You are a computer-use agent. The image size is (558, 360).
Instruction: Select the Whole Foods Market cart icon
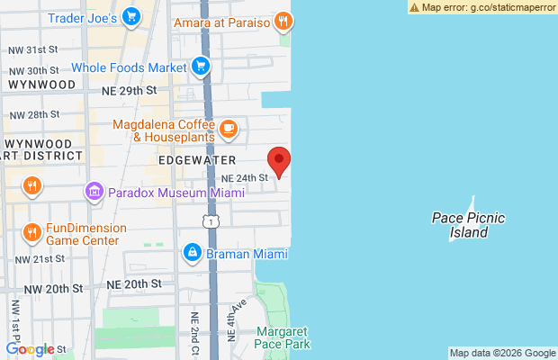coord(200,66)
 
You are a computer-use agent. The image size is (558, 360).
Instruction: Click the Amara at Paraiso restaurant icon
coord(283,20)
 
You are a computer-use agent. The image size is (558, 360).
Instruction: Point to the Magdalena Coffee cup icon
coord(228,130)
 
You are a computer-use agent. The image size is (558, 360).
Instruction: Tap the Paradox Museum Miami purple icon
coord(93,191)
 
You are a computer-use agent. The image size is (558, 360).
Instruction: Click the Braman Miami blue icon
coord(192,254)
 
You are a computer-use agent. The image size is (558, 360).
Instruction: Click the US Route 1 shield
coord(211,220)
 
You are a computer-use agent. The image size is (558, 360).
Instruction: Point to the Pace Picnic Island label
coord(468,225)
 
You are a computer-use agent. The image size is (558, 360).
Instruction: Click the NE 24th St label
coord(245,178)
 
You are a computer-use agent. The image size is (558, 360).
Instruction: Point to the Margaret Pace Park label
coord(282,337)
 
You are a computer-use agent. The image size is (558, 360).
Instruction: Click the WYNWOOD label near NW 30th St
coord(40,84)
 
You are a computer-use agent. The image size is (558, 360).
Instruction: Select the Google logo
coord(31,349)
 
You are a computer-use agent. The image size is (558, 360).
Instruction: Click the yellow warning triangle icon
coord(414,6)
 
